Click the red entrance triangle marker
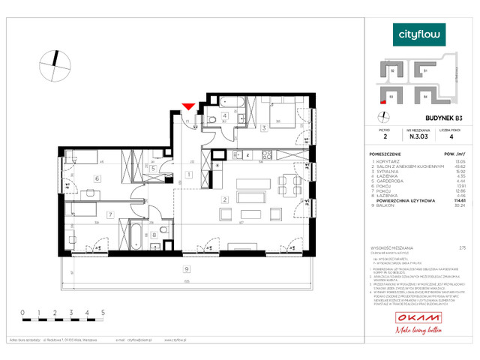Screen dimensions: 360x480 pyautogui.click(x=188, y=107)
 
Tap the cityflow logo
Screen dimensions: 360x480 pyautogui.click(x=420, y=33)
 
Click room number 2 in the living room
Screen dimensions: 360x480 pyautogui.click(x=225, y=199)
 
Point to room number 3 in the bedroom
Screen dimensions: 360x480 pyautogui.click(x=264, y=128)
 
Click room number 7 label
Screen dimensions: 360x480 pyautogui.click(x=109, y=215)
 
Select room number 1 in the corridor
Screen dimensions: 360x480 pyautogui.click(x=189, y=174)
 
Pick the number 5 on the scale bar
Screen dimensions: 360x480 pyautogui.click(x=102, y=310)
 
